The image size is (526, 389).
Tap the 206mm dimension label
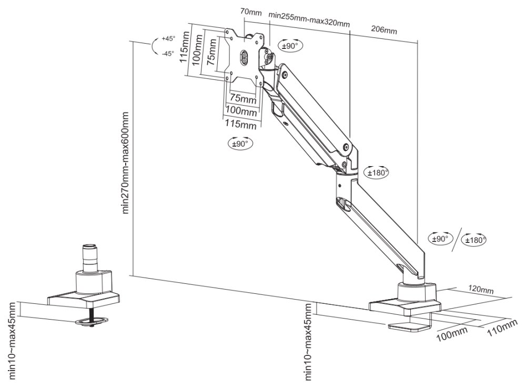384,30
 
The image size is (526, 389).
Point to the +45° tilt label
168,38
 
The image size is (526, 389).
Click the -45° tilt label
168,53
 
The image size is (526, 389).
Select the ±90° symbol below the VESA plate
240,142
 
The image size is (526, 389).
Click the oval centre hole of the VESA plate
244,57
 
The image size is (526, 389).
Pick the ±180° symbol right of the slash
474,240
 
